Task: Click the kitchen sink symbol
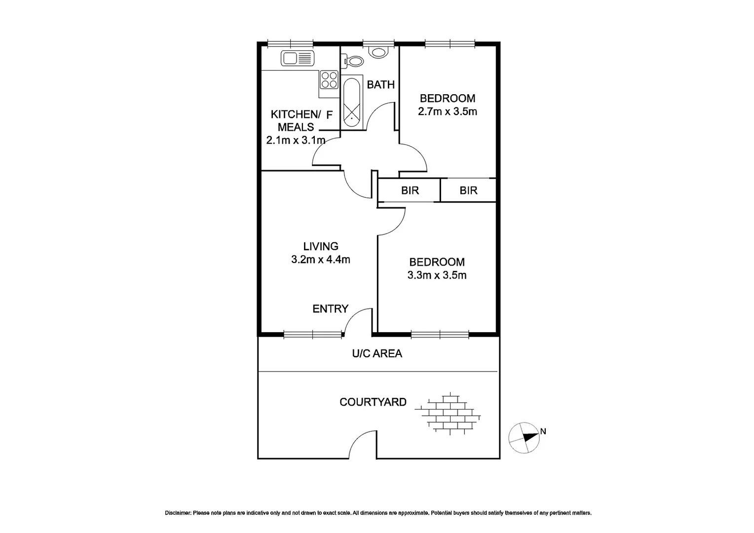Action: (x=297, y=58)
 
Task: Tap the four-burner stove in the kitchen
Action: (x=329, y=80)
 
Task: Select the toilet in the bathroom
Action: (x=352, y=62)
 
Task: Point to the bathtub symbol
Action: (x=351, y=103)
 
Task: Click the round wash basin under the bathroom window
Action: (x=379, y=52)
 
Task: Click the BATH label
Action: (x=380, y=85)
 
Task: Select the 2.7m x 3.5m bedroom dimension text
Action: (x=447, y=112)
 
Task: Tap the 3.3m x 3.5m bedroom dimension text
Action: (x=437, y=275)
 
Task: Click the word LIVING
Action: (x=320, y=246)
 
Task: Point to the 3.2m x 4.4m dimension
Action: (x=320, y=260)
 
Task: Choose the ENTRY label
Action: (x=330, y=309)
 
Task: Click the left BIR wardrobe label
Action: (x=410, y=190)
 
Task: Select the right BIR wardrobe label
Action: (x=468, y=190)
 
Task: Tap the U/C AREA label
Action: (x=377, y=354)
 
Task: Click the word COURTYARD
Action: (x=373, y=402)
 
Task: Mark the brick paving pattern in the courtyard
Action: (x=448, y=413)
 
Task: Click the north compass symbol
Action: (x=525, y=437)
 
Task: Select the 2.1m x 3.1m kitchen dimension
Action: (x=296, y=140)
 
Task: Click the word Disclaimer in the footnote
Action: (x=178, y=513)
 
